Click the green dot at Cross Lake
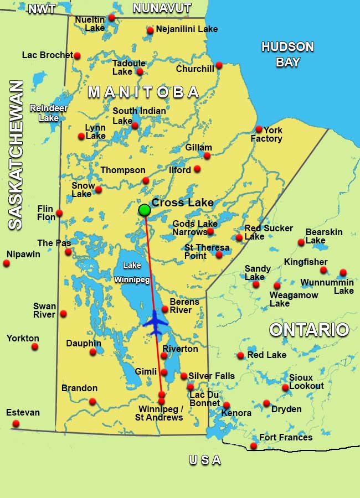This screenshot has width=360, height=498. coord(145,210)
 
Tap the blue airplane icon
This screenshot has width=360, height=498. coord(155,323)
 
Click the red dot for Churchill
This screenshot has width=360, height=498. coord(219,65)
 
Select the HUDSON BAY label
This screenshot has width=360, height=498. coord(287,54)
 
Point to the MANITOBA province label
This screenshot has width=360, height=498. coord(143,92)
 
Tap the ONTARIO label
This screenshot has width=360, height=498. coord(309,330)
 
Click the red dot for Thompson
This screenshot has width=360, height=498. coord(146,180)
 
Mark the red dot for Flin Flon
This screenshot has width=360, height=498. coord(59,213)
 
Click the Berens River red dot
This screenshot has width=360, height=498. coord(165,309)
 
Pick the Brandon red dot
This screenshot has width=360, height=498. coord(92,401)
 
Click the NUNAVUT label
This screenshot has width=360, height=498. coord(162,8)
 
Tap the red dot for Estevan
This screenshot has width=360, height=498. coord(16,423)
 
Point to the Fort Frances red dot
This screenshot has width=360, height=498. coord(253,446)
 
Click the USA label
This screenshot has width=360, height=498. coord(204,460)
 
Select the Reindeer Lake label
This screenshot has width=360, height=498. coord(44,113)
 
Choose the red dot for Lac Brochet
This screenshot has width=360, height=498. coord(77,55)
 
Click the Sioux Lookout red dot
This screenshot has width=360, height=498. coord(285,387)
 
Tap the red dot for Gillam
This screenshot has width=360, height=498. coord(207,155)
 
